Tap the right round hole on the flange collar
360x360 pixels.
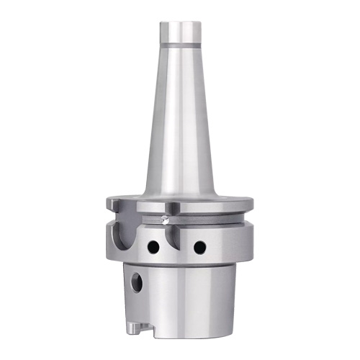(x=199, y=247)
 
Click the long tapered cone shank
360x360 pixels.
(x=179, y=122)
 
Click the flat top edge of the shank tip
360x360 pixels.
(x=179, y=24)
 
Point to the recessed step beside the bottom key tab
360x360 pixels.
(x=148, y=330)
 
